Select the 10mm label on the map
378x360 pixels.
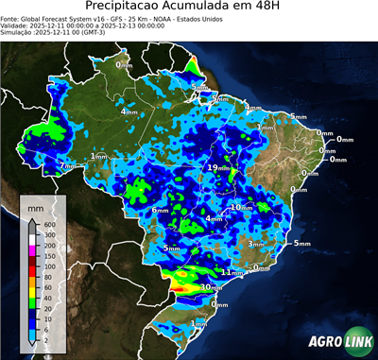point(241,207)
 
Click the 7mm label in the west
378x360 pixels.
point(68,166)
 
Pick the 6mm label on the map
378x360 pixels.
point(160,210)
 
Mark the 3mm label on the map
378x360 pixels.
point(255,244)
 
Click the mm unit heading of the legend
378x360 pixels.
point(36,205)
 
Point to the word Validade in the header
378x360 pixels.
point(19,27)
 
